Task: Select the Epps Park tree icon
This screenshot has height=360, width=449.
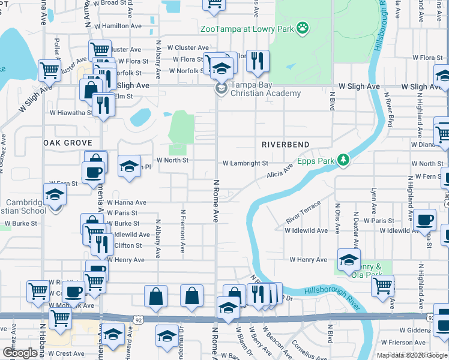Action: (343, 160)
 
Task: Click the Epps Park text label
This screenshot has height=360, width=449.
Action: (316, 161)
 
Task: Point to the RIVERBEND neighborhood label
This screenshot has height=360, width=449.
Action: (286, 145)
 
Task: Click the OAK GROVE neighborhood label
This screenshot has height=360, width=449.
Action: (68, 143)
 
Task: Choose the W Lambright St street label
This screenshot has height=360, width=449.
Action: (245, 163)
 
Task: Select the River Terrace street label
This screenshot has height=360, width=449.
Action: (303, 213)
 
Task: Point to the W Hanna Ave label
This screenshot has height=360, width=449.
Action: (127, 203)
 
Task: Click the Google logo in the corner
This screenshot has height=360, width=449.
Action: (20, 353)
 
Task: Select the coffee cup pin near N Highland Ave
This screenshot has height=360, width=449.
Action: (425, 221)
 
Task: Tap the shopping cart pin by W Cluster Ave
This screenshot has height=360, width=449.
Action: (100, 50)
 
